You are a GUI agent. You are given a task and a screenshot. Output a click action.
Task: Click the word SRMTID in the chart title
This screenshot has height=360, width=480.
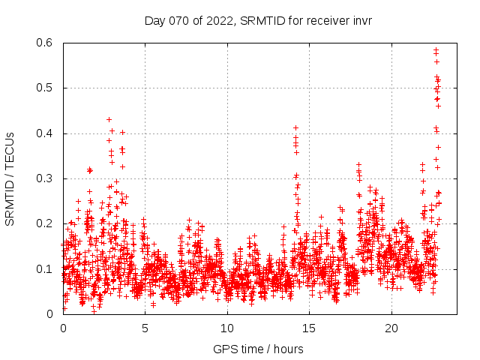[262, 21]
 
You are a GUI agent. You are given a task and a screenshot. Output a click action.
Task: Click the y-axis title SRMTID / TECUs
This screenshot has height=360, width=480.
[10, 179]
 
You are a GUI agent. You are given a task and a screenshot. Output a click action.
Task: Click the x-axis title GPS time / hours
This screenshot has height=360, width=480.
[258, 349]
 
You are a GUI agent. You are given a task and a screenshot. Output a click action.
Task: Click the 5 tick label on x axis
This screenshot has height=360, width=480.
[145, 328]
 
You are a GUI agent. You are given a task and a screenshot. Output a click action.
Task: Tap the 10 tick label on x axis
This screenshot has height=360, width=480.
[227, 328]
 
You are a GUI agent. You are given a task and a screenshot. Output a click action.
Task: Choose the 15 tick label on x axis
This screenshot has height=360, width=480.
[309, 328]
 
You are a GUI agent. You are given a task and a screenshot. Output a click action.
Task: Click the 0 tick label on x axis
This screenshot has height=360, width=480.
[63, 328]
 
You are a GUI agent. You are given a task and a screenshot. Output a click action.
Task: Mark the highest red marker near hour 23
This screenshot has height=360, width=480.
[436, 49]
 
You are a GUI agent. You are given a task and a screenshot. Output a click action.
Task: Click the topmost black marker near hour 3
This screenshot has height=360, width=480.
[109, 119]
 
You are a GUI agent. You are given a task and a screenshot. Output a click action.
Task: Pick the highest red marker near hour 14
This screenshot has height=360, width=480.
[295, 127]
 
